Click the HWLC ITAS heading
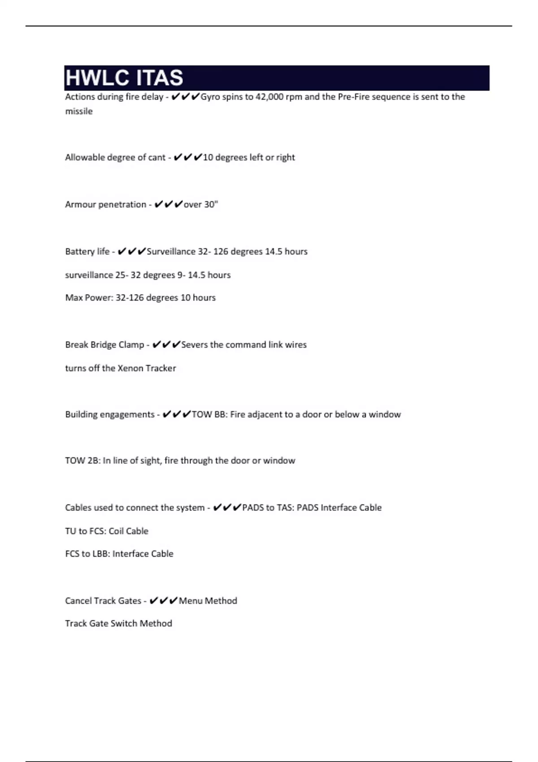[x=124, y=78]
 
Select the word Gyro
[x=210, y=97]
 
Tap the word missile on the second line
[x=79, y=111]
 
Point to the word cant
[x=157, y=157]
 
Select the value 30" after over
[x=211, y=204]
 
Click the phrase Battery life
[x=87, y=251]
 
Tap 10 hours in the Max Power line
[x=198, y=298]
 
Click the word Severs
[x=194, y=345]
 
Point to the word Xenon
[x=130, y=368]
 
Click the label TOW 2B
[x=82, y=460]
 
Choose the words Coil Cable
[x=128, y=531]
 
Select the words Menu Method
[x=208, y=601]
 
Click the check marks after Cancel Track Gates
[x=163, y=601]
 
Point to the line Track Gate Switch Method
[x=118, y=623]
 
